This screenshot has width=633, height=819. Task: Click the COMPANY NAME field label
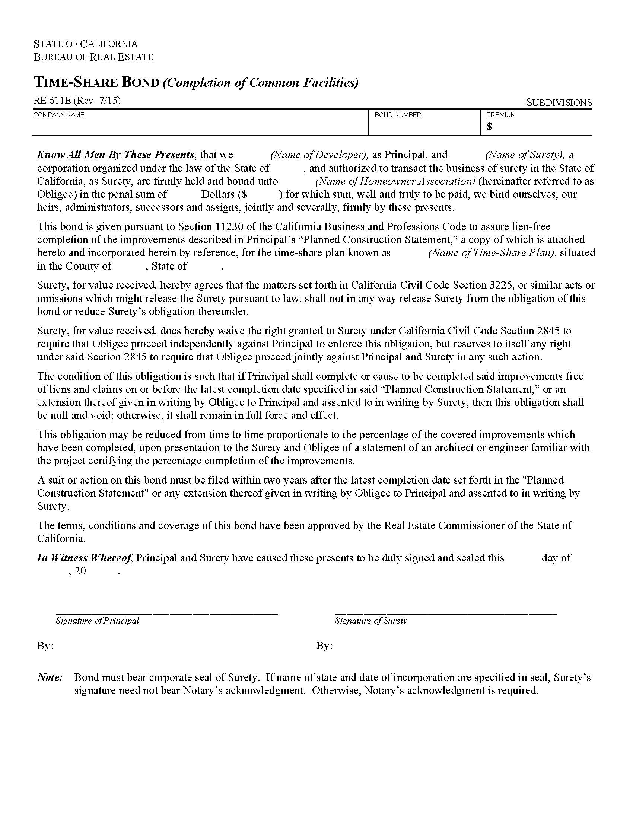(58, 115)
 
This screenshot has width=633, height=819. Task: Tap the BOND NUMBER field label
(398, 115)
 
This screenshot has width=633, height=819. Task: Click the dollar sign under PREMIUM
(489, 127)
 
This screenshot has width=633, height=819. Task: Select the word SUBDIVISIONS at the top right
(559, 102)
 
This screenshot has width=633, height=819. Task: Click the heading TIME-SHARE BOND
(96, 82)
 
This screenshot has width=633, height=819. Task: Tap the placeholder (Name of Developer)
(319, 155)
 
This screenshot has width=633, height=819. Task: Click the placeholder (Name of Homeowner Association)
(395, 181)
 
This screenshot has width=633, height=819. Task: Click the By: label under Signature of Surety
(324, 646)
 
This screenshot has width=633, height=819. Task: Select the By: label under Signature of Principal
(45, 646)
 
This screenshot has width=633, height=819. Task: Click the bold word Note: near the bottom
(50, 677)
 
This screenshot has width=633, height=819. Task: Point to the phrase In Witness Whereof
(84, 558)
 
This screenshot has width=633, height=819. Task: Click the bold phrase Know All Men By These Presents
(115, 155)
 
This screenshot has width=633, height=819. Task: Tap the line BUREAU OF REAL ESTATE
(93, 57)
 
